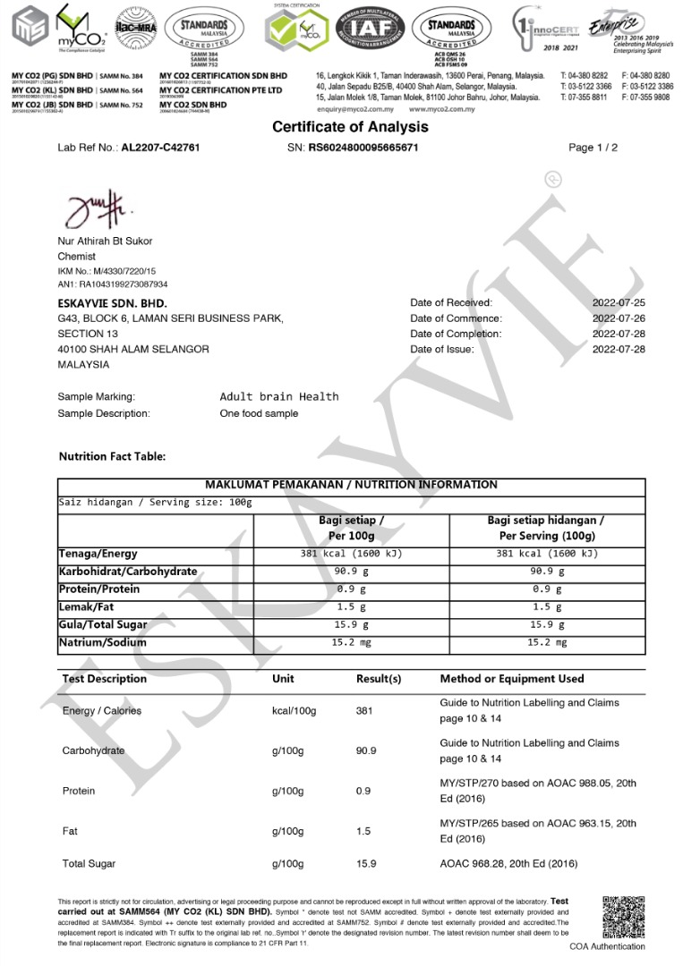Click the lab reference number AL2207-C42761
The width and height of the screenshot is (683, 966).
pos(160,147)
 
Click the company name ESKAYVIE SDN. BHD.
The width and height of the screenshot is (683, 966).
pos(112,303)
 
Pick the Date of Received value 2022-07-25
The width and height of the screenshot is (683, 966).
pos(619,303)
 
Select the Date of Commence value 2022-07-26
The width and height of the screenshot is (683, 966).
pos(619,318)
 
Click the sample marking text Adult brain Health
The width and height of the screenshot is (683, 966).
pos(279,396)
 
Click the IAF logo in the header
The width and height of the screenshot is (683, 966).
pos(374,28)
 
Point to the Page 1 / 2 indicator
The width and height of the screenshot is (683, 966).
pos(593,147)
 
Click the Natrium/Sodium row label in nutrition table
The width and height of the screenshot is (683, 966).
pos(102,642)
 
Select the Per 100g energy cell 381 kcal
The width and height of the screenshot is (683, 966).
pos(351,554)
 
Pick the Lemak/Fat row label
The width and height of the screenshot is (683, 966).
pos(89,607)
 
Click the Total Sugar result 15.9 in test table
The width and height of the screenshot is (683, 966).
pos(366,864)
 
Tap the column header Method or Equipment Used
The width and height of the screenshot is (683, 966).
pos(512,679)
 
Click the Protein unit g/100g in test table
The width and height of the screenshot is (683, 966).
pos(288,792)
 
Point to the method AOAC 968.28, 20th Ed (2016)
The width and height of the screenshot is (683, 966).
pos(508,864)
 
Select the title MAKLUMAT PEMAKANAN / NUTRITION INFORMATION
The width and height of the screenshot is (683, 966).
pos(351,485)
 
